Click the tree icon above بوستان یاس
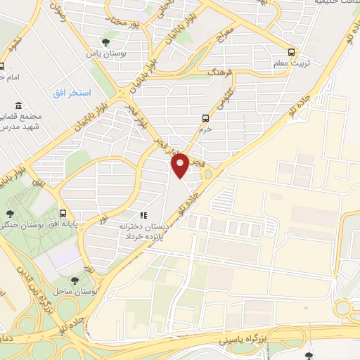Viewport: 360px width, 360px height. click(106, 41)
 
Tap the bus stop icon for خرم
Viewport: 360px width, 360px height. click(205, 118)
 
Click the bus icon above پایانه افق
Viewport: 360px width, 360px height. click(63, 213)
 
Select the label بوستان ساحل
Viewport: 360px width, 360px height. click(82, 290)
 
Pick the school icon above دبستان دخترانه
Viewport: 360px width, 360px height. click(143, 215)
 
